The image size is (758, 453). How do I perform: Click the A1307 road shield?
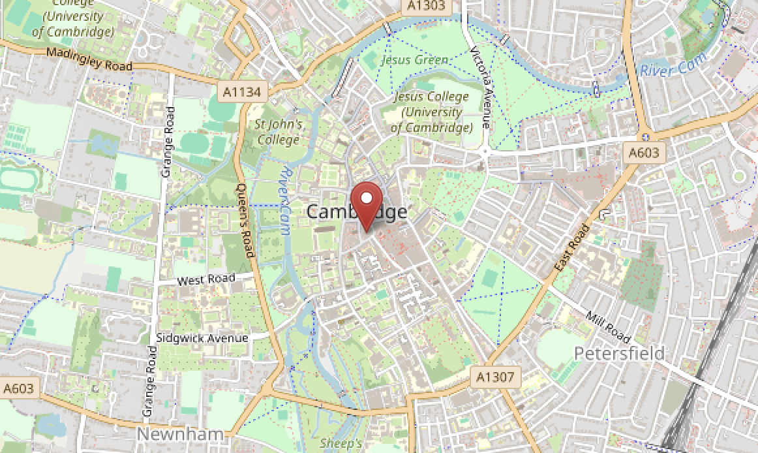[x=496, y=377]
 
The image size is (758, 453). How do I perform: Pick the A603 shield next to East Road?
[x=644, y=153]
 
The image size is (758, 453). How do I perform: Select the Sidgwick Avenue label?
[x=202, y=338]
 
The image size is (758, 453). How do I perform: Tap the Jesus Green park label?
[x=414, y=60]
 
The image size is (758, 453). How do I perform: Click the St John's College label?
[x=279, y=131]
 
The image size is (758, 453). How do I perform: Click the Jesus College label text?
[x=431, y=112]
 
